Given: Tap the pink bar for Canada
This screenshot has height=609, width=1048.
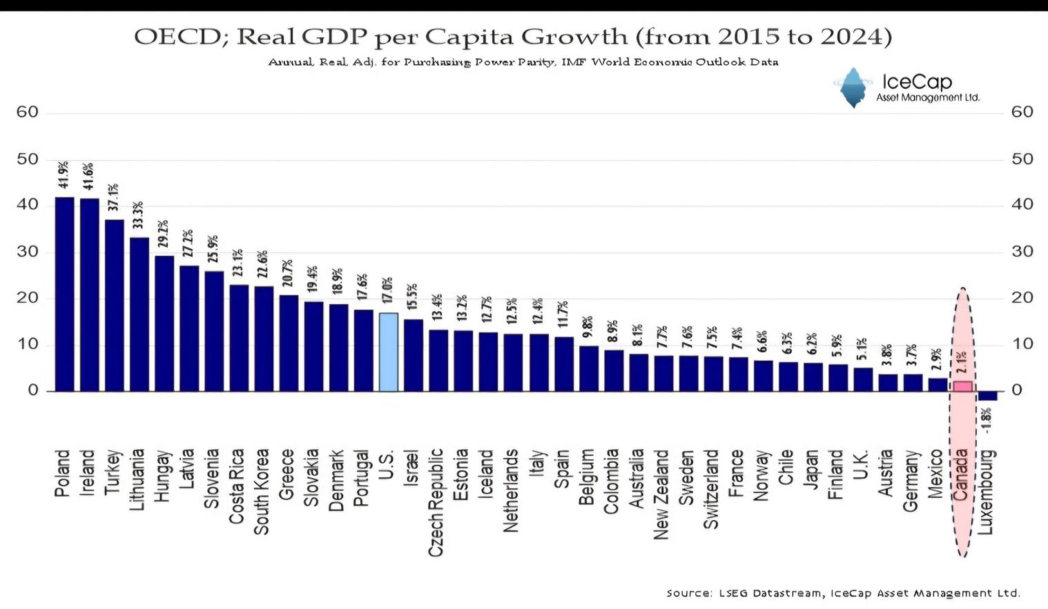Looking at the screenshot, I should (962, 386).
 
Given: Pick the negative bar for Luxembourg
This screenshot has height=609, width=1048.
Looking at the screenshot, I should (987, 396).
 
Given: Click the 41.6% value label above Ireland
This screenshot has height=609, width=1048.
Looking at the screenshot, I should (88, 177).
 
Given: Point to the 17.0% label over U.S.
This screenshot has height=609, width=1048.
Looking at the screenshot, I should (387, 290).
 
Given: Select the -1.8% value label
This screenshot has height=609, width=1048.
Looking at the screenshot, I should (987, 420).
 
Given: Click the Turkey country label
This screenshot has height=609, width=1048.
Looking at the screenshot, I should (113, 472).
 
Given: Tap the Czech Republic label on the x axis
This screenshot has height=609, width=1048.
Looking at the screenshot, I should (436, 502).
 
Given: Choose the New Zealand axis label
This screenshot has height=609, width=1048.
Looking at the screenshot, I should (661, 494).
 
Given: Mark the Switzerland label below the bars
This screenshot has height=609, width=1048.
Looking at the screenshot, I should (710, 489).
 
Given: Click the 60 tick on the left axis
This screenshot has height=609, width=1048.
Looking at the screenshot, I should (28, 112).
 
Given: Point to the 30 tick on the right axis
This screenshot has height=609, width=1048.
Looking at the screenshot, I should (1022, 252).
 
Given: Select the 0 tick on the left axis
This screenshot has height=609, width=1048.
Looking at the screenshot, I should (33, 390).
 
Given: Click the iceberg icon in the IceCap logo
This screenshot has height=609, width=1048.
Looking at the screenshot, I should (854, 88).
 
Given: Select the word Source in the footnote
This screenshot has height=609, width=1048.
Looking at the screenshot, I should (689, 593).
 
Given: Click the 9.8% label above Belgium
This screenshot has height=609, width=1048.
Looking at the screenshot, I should (588, 326).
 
